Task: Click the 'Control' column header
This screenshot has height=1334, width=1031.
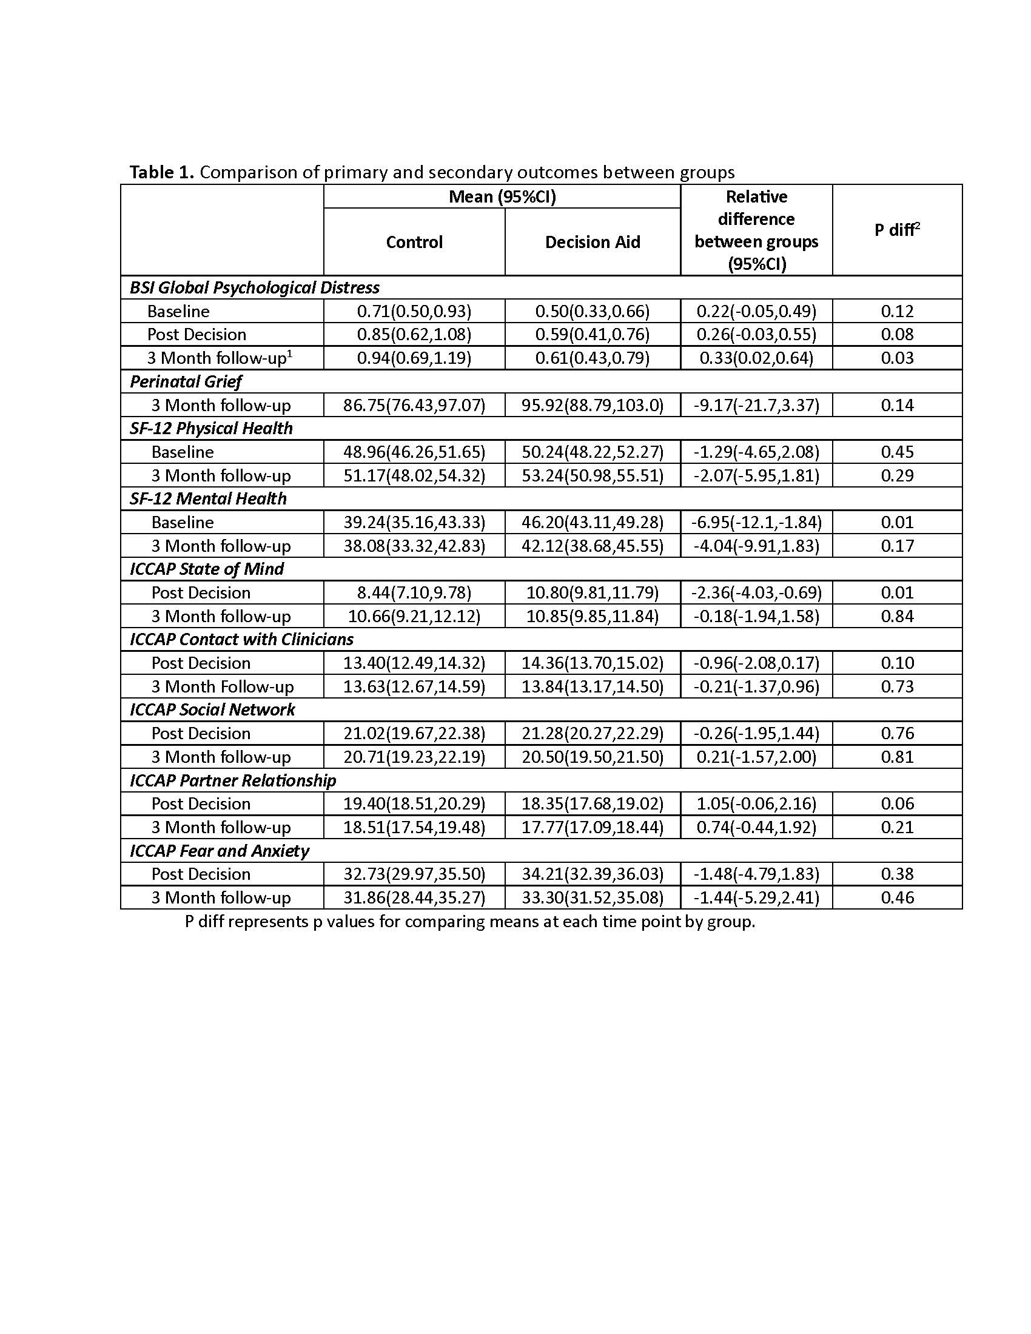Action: [x=414, y=243]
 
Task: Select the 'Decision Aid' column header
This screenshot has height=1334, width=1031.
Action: [x=593, y=243]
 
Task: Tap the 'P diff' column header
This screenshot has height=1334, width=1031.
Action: [x=896, y=230]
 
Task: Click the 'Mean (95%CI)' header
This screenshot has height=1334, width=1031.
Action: [x=502, y=196]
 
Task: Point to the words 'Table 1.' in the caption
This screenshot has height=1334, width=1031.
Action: [x=162, y=173]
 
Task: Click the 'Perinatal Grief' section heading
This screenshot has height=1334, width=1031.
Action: [x=186, y=382]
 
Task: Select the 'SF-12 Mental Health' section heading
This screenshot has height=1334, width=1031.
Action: [x=207, y=499]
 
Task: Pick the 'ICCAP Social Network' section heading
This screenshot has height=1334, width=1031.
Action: [x=212, y=710]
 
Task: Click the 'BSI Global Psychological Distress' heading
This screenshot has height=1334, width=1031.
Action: [x=254, y=287]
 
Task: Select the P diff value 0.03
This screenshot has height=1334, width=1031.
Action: [x=896, y=358]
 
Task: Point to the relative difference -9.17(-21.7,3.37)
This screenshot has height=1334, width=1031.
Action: [x=756, y=405]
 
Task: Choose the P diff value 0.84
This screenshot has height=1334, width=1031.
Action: [x=896, y=616]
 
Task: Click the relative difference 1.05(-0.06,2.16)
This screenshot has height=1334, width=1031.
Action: [x=756, y=804]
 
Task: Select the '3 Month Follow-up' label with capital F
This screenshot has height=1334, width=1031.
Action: [x=223, y=686]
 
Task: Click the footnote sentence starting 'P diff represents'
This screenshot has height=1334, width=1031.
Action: [x=469, y=921]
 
